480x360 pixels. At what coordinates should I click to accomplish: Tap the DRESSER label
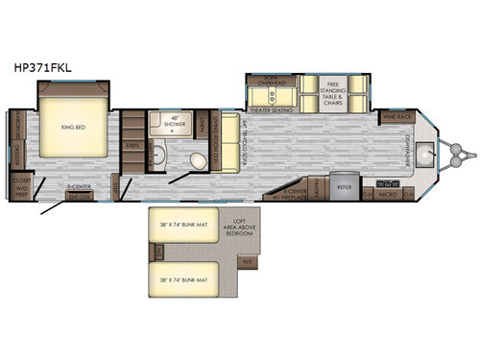click(19, 155)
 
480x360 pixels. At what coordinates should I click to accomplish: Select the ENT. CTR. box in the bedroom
click(79, 196)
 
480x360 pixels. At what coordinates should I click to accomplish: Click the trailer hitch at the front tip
click(465, 150)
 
